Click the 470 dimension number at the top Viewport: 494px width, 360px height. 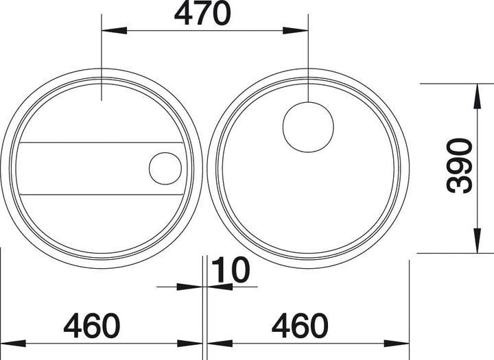pos(202,14)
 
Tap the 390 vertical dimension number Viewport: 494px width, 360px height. pos(459,166)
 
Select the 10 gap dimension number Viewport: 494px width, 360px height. pos(231,270)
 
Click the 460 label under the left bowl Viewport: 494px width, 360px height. pos(92,325)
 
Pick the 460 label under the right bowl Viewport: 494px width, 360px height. pos(300,325)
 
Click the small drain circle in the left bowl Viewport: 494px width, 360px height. pos(165,169)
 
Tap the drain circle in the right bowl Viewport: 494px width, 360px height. pos(308,127)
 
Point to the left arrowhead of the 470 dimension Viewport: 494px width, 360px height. pos(114,31)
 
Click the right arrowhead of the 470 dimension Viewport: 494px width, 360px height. pos(296,31)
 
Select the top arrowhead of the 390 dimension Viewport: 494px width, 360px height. pos(478,97)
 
